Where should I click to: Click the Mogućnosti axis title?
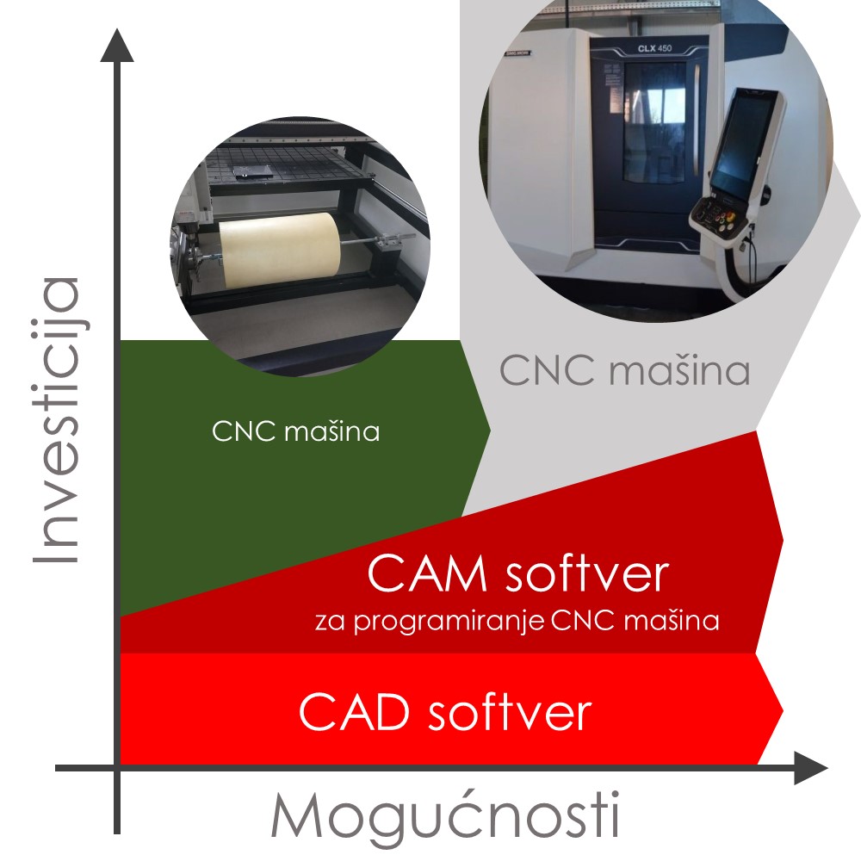[445, 815]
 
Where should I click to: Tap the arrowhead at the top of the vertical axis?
[117, 45]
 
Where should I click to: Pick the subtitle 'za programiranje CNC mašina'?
[517, 621]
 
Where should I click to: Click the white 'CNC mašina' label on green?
[295, 431]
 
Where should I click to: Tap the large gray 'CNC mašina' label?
[624, 371]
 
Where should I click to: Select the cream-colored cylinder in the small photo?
[277, 251]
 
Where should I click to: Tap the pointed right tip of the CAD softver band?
[782, 711]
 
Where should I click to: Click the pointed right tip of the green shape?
[489, 428]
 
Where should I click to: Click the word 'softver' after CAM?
[585, 574]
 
